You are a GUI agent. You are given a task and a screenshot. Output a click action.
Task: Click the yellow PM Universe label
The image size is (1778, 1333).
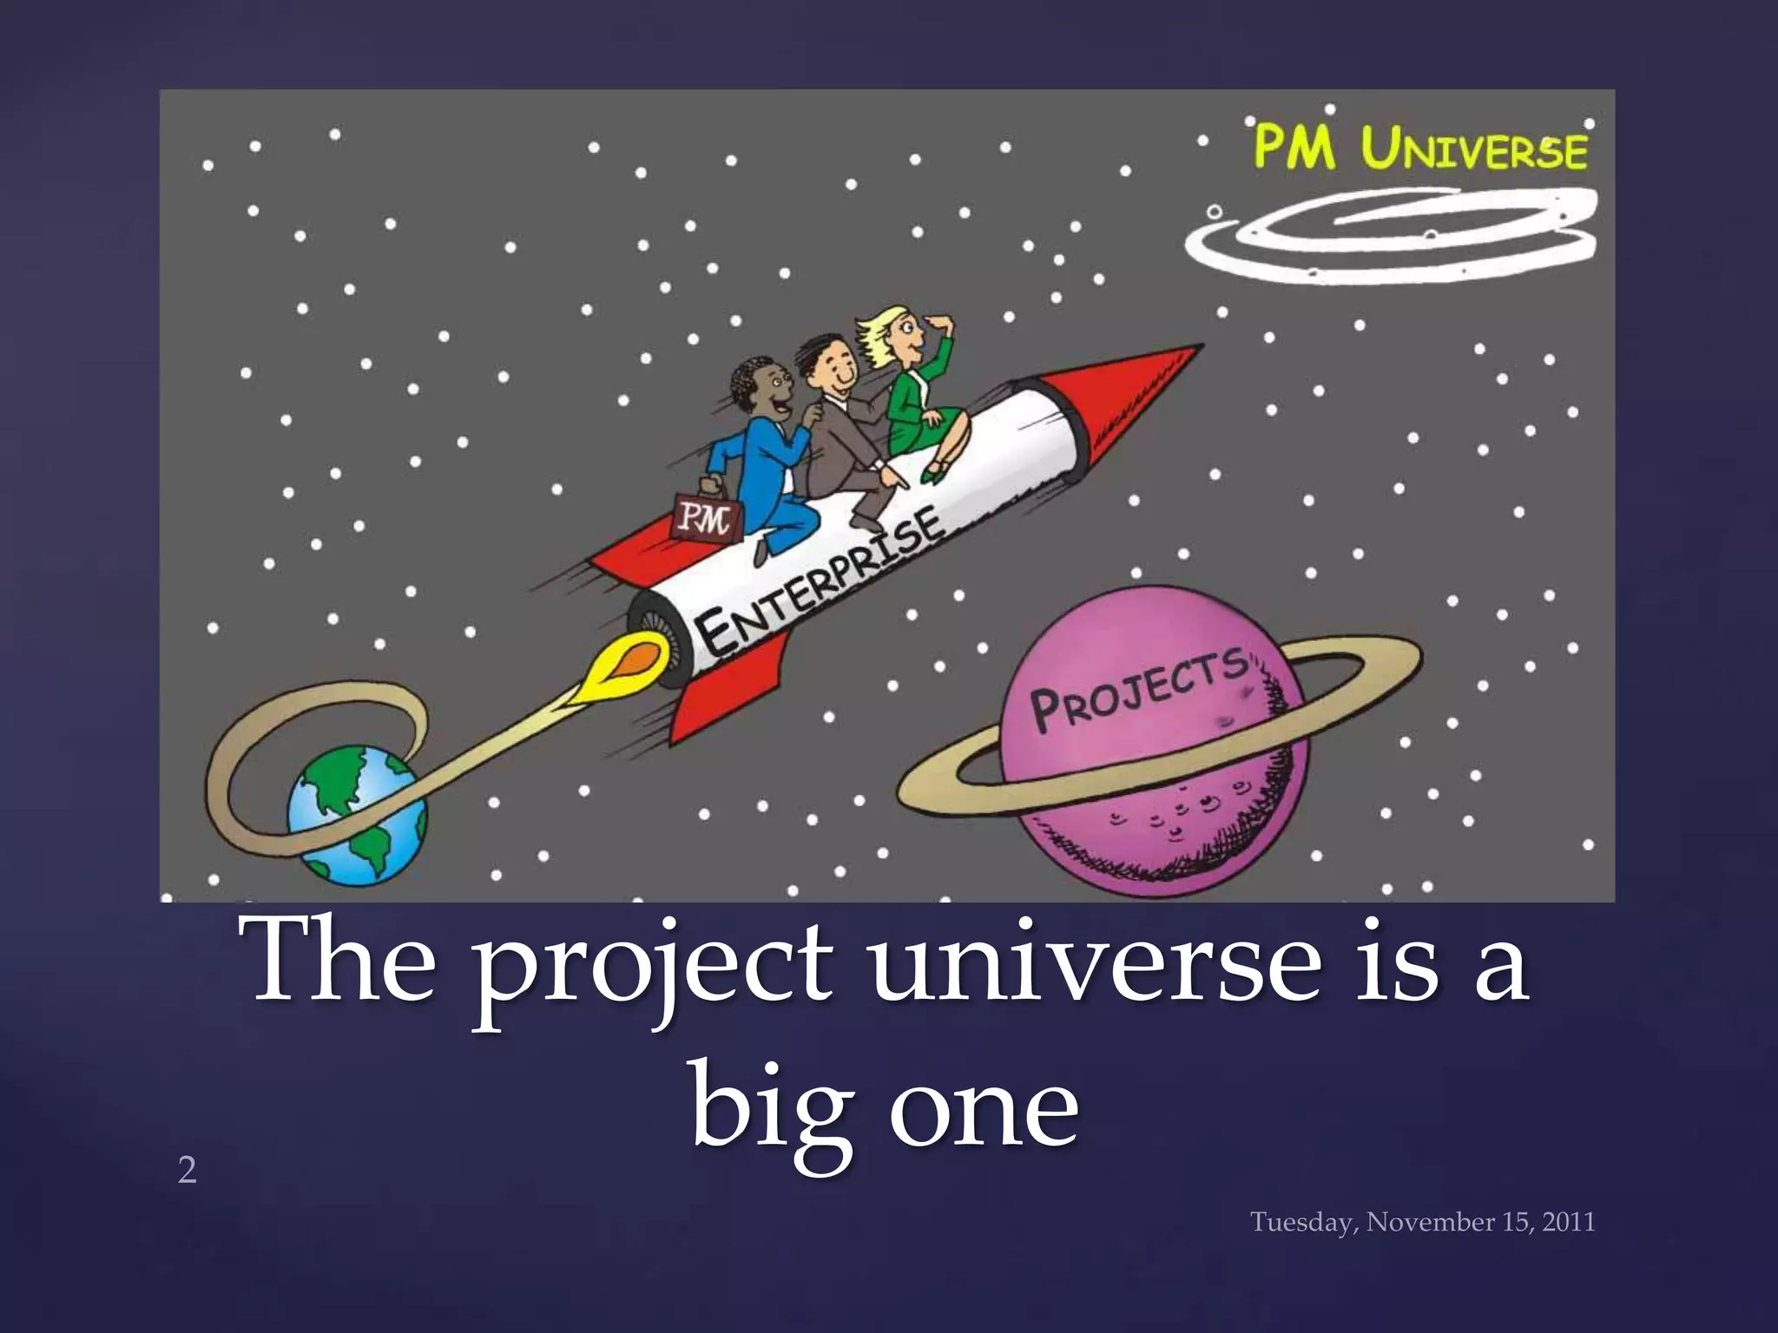coord(1420,149)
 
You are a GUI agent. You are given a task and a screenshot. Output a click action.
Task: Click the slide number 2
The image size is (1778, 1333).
coord(187,1171)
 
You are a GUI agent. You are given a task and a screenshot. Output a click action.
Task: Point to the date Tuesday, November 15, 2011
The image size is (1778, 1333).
coord(1422,1222)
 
